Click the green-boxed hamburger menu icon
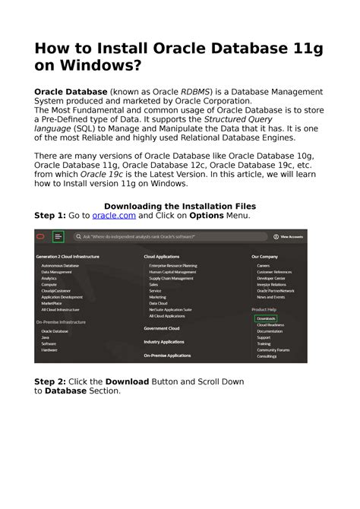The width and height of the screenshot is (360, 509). tap(58, 237)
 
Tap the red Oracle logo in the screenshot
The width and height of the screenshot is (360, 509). tap(40, 237)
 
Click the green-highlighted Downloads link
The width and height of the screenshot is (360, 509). tap(267, 318)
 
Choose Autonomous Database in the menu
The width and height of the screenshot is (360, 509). tap(60, 266)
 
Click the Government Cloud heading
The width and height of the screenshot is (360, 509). tap(162, 328)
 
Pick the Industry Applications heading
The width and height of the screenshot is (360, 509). tap(165, 342)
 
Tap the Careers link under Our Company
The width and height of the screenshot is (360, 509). tap(263, 266)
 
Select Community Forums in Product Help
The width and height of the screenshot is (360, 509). tap(273, 350)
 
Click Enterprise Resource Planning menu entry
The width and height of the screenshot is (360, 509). tap(173, 266)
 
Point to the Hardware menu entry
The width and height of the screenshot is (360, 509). tap(49, 350)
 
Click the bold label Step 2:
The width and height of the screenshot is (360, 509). tap(50, 381)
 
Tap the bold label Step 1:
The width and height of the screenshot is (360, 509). tap(50, 216)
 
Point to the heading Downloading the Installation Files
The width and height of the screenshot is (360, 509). tap(180, 206)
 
